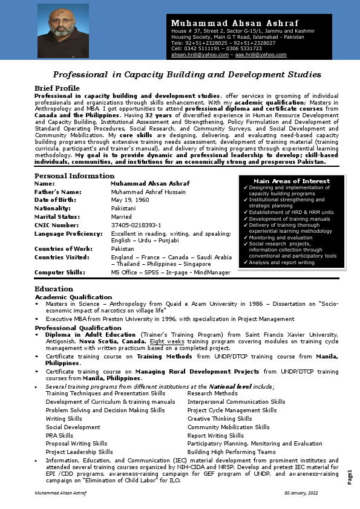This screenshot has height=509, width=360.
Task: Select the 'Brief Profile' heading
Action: tap(57, 88)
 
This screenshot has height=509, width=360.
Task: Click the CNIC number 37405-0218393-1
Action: tap(136, 225)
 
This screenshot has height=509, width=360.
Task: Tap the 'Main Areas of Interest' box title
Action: tap(292, 181)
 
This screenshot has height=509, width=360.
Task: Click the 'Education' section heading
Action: tap(54, 288)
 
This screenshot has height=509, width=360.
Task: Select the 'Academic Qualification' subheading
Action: tap(73, 297)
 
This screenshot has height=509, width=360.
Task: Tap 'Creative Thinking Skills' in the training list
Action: tap(220, 418)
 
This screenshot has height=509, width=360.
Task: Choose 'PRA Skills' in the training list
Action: tap(59, 435)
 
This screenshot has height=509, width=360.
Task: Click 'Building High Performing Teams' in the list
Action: tap(231, 452)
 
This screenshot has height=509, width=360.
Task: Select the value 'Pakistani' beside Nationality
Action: tap(123, 208)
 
